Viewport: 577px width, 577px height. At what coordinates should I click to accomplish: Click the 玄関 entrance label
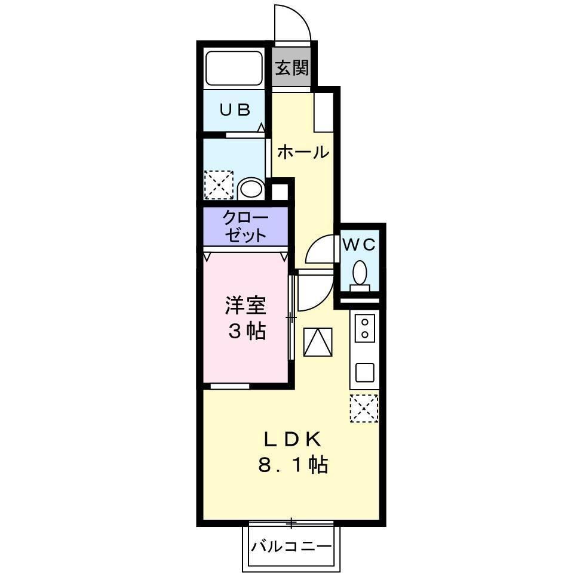[292, 67]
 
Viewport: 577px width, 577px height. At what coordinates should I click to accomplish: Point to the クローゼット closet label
[245, 226]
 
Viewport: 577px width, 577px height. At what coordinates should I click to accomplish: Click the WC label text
[358, 244]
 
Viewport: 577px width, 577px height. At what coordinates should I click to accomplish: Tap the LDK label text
[293, 440]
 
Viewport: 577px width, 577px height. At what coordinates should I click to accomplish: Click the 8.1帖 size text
[293, 465]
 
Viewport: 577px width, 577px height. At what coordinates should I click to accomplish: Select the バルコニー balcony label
[291, 546]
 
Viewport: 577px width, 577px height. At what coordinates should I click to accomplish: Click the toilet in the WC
[360, 274]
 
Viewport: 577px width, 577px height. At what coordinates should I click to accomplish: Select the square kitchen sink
[364, 372]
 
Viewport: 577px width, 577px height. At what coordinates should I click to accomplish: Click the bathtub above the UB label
[234, 68]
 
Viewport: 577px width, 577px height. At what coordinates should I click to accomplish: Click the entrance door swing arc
[293, 24]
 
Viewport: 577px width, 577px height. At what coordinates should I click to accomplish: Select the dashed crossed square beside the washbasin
[218, 184]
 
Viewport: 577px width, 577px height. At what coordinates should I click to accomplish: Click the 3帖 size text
[245, 332]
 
